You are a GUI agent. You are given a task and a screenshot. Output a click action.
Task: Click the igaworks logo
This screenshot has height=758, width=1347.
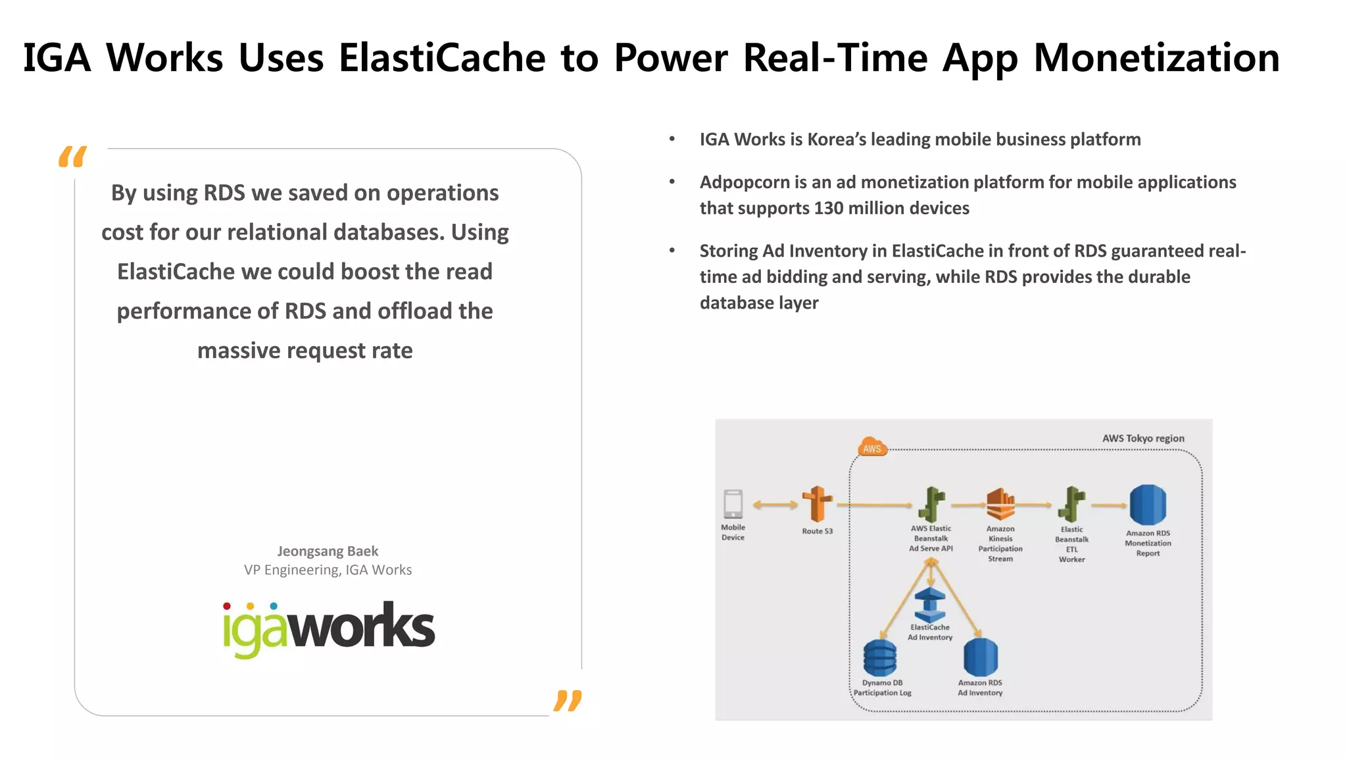coord(328,628)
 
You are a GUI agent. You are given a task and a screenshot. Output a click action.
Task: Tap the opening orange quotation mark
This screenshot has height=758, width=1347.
coord(72,157)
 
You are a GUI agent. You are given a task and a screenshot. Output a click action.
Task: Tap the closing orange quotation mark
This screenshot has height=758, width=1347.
coord(568,701)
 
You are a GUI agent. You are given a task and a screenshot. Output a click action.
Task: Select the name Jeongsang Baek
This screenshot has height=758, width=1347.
coord(328,551)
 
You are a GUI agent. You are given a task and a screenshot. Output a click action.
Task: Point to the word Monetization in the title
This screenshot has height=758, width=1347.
coord(1156,57)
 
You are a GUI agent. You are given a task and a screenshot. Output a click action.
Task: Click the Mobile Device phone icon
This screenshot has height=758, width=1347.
coord(733,505)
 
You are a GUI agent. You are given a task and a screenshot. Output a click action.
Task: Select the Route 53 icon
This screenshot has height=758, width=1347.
coord(817,504)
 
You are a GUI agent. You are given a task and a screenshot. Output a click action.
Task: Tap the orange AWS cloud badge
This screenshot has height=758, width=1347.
coord(872,447)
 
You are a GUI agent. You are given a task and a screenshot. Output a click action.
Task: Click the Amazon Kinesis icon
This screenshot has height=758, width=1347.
coord(1000,505)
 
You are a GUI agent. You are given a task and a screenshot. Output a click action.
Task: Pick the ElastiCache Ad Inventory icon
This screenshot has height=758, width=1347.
coord(930,605)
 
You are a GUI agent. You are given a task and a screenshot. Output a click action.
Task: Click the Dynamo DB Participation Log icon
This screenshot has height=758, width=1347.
coord(880,658)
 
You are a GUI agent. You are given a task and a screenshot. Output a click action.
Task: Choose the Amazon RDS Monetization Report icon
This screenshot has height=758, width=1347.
coord(1148,505)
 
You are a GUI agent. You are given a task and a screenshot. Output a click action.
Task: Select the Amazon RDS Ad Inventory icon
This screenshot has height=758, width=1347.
coord(980,657)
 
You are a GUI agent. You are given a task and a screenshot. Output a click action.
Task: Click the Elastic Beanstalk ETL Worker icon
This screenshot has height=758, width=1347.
coord(1072,505)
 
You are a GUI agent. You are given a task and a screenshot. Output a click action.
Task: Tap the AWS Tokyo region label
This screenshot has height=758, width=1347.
coord(1143,438)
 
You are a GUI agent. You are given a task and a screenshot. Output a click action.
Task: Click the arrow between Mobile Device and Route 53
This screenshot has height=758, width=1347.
coord(775,505)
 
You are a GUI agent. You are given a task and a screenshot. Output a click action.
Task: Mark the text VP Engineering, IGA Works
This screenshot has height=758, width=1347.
coord(328,570)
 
